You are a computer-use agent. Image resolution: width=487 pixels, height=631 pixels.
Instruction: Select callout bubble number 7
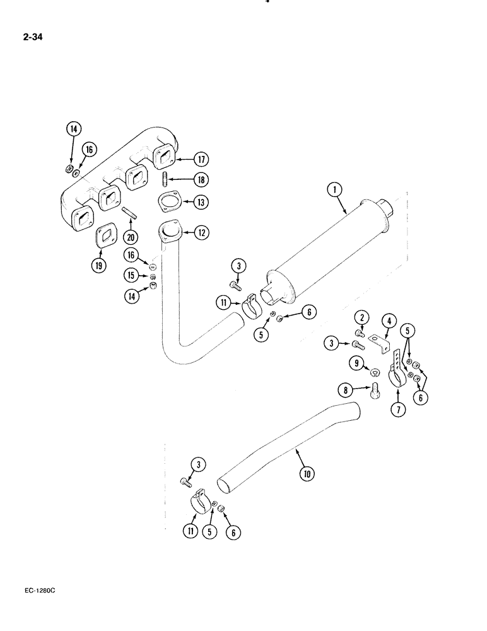399,410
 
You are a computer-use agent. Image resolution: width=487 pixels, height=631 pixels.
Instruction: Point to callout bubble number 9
357,363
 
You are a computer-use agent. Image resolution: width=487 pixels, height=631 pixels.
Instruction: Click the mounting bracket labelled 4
380,342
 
